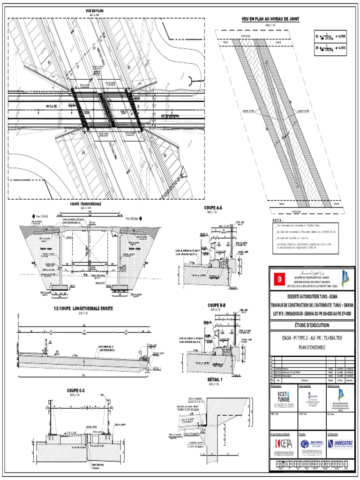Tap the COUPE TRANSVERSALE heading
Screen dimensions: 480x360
point(86,204)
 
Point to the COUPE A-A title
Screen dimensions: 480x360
point(213,208)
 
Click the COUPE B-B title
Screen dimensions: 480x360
point(217,306)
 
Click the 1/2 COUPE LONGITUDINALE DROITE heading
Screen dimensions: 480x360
point(84,308)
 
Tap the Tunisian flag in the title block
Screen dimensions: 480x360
point(280,278)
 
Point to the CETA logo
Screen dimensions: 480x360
point(283,443)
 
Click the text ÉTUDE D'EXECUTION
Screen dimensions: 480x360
point(312,325)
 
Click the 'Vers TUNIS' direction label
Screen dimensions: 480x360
point(41,217)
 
